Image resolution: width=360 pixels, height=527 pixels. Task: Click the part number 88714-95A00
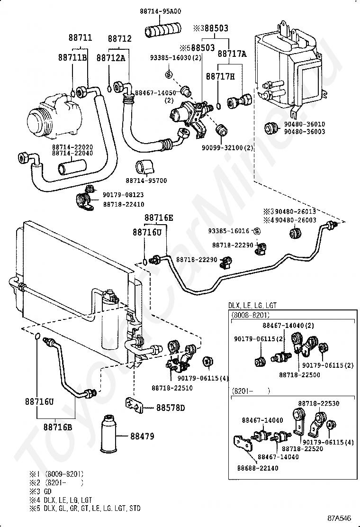pos(161,11)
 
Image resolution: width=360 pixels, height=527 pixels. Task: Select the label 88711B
pos(72,57)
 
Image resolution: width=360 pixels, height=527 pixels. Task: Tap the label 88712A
pos(111,57)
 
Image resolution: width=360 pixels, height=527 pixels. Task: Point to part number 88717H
pos(220,76)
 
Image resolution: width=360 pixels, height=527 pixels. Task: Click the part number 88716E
pos(159,218)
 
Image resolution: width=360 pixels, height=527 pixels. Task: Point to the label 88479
pos(142,436)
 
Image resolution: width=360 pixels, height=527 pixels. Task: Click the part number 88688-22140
pos(258,468)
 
